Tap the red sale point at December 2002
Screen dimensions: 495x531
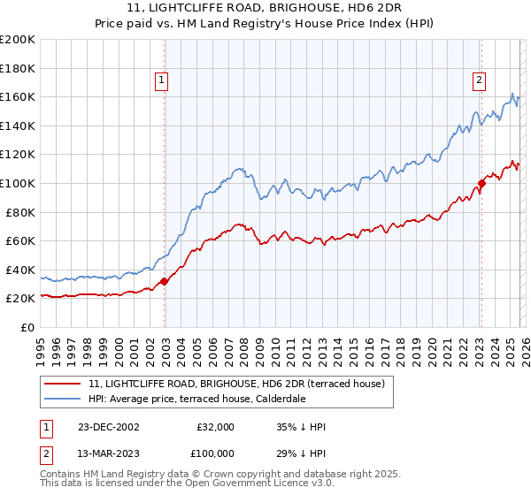(165, 281)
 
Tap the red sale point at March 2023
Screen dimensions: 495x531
(481, 184)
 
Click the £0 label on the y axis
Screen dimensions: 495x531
(27, 327)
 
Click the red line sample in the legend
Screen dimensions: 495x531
(62, 385)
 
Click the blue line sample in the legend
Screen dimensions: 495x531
(62, 400)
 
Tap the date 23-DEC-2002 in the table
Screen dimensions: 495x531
(108, 427)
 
